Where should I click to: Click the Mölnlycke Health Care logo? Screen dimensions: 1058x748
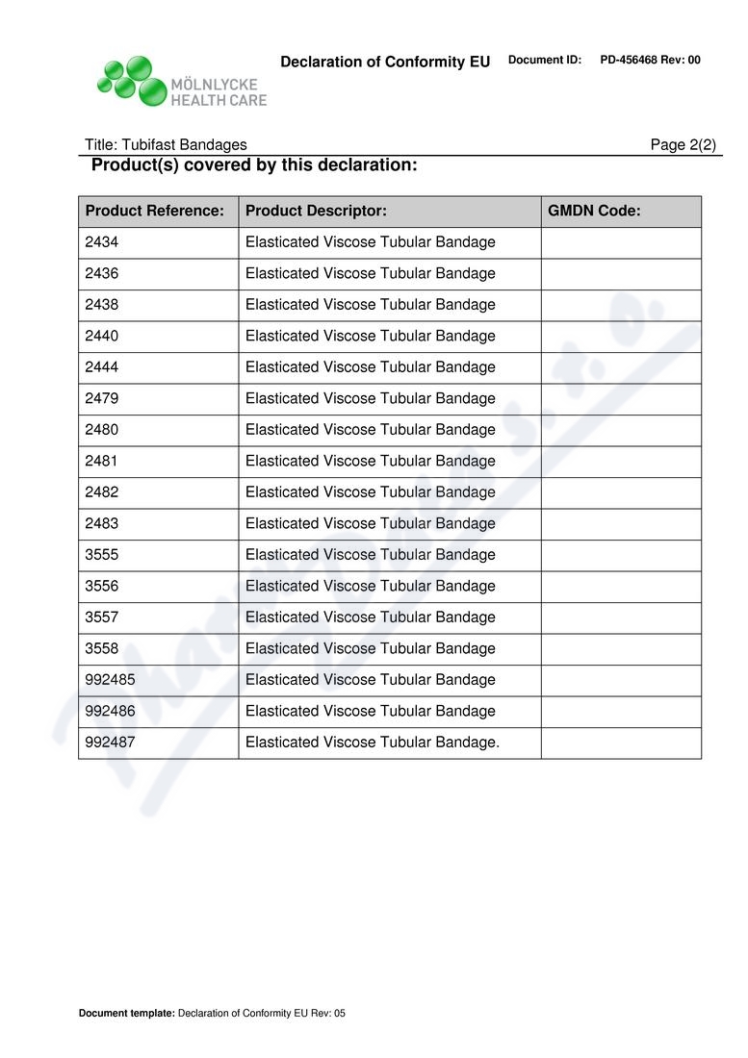181,81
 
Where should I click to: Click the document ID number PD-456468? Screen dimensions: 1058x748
634,61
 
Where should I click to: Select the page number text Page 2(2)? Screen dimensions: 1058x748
684,145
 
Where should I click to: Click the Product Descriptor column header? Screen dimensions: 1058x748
316,212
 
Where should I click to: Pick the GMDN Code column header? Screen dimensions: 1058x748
594,212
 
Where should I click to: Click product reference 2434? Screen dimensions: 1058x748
102,242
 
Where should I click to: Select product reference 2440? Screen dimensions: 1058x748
102,336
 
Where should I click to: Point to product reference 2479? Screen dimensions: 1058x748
102,398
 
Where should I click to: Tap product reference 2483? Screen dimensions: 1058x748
102,523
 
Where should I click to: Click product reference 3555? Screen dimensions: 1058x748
102,555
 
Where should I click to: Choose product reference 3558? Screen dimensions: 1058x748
102,648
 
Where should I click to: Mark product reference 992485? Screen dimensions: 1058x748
109,680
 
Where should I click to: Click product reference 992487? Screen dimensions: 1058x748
109,743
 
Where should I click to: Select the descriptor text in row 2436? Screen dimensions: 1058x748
371,274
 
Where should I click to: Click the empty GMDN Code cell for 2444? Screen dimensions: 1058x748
621,367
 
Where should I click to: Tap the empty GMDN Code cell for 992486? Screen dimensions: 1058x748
621,711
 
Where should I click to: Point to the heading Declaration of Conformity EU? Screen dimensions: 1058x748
385,63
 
